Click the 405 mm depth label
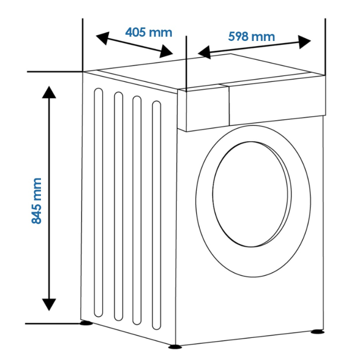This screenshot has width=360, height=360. coord(149,32)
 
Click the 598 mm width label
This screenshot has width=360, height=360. coord(252,36)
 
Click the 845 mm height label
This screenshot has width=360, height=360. coord(36,201)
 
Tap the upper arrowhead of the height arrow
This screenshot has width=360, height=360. coord(49,92)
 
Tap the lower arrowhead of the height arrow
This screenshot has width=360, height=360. coord(49,305)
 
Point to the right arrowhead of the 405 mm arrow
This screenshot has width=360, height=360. coord(166,51)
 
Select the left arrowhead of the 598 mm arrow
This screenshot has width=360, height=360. coord(204,52)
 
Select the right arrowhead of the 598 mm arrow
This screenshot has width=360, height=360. coord(305,42)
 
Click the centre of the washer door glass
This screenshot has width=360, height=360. coord(251,194)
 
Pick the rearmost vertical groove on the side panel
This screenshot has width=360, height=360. coord(98,203)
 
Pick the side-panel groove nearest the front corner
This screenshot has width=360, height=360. coord(157,215)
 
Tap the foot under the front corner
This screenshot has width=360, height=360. coord(175,346)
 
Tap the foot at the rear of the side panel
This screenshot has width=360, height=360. coord(86,323)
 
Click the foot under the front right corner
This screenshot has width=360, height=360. coord(318,332)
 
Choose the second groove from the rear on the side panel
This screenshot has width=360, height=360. coord(118,207)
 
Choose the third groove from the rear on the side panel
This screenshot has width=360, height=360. coord(137,210)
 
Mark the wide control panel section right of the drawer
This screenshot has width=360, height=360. coord(277,100)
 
